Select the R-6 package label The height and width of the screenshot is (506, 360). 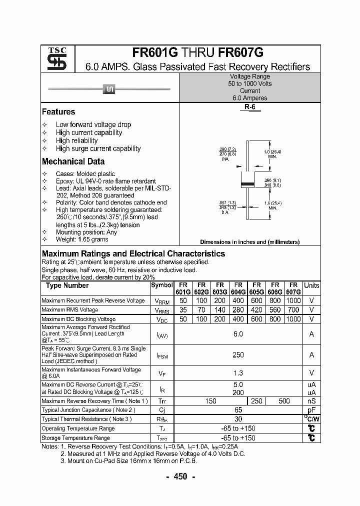249,107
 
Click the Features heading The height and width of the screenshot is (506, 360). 58,112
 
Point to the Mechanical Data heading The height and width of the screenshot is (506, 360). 73,161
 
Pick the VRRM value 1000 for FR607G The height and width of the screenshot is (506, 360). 293,300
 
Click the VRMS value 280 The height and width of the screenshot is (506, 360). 238,310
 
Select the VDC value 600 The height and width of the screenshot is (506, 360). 256,319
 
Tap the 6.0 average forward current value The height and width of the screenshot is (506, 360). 238,333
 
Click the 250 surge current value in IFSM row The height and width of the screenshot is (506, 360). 238,354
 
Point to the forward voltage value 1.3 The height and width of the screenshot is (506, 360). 238,373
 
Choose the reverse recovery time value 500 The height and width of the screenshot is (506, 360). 284,401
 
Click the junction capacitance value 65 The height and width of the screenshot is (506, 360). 238,410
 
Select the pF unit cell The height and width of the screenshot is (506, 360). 311,410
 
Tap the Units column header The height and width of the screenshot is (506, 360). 311,285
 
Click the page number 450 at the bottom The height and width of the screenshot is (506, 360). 180,476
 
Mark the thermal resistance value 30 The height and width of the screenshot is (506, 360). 238,419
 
